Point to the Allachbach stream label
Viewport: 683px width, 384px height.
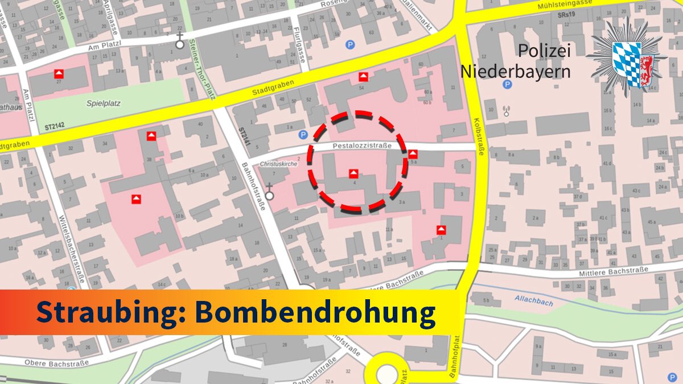(533, 300)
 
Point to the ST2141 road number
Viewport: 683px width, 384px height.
(243, 137)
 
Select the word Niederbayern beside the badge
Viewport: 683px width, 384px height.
(515, 72)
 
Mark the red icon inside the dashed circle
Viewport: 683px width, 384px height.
(353, 173)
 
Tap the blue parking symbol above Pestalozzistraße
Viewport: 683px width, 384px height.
(303, 135)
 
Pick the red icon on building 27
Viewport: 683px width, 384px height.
(58, 74)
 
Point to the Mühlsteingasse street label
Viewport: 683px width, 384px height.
(563, 3)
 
